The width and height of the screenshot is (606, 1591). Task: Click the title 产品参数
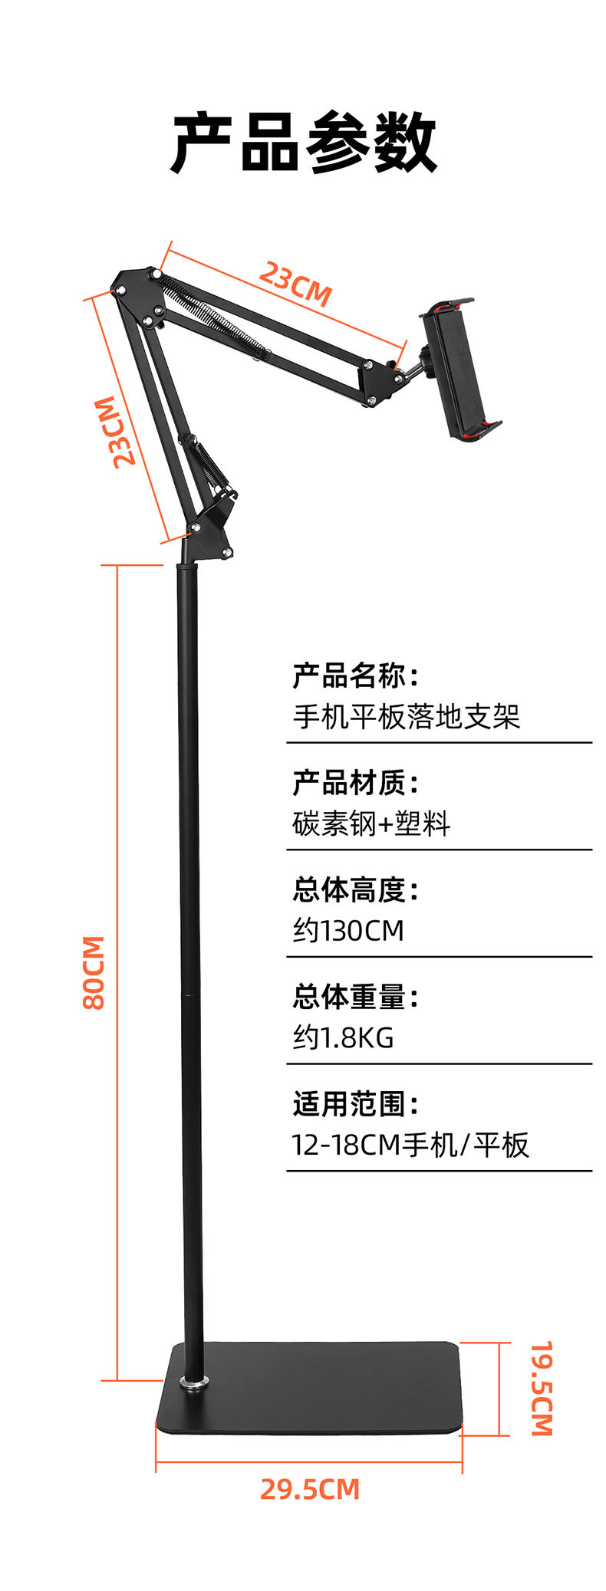(x=303, y=143)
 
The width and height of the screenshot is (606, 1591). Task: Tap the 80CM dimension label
(x=94, y=971)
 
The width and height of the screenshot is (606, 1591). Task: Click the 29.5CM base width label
(x=309, y=1489)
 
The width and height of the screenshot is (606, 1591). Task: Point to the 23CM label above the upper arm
(x=295, y=283)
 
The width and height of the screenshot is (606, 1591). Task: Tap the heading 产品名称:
(x=355, y=676)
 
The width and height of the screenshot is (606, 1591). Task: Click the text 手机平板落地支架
(x=407, y=716)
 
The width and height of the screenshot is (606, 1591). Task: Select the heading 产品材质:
(x=355, y=783)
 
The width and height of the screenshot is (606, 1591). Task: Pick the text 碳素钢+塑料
(x=371, y=823)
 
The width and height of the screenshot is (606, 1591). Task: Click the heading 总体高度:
(x=355, y=890)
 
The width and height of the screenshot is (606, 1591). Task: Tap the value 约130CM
(x=348, y=931)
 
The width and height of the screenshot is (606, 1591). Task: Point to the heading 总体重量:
(x=355, y=998)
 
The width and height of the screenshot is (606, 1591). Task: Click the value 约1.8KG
(x=343, y=1037)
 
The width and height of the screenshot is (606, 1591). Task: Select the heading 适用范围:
(x=355, y=1105)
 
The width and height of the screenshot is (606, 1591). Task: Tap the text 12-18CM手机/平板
(x=410, y=1145)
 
